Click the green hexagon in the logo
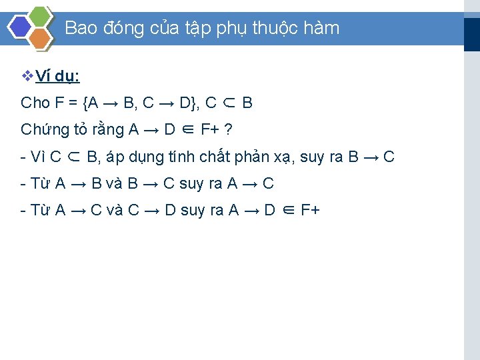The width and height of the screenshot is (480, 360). coord(40,15)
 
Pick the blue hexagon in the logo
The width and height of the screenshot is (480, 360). coord(19,27)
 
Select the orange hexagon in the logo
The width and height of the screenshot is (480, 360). coord(40,39)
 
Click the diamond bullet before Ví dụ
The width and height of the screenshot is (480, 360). coord(27,76)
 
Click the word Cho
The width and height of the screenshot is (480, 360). coord(35,103)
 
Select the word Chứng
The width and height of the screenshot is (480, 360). coord(45,130)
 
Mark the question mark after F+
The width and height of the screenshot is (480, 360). coord(228,129)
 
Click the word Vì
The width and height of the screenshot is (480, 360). coord(38,157)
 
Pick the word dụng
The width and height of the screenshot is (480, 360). coord(142,158)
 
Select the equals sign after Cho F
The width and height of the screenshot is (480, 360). coord(73,103)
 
